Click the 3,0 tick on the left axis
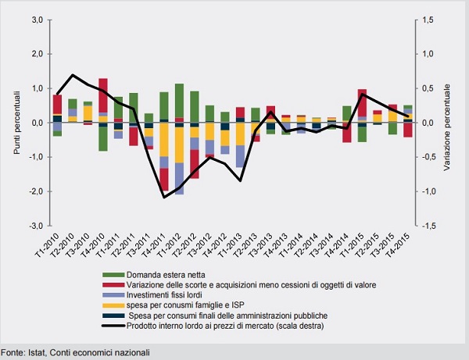point(38,20)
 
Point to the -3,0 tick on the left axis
point(36,226)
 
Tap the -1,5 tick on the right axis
point(424,226)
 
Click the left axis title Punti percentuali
point(16,123)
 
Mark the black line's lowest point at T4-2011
point(164,197)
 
